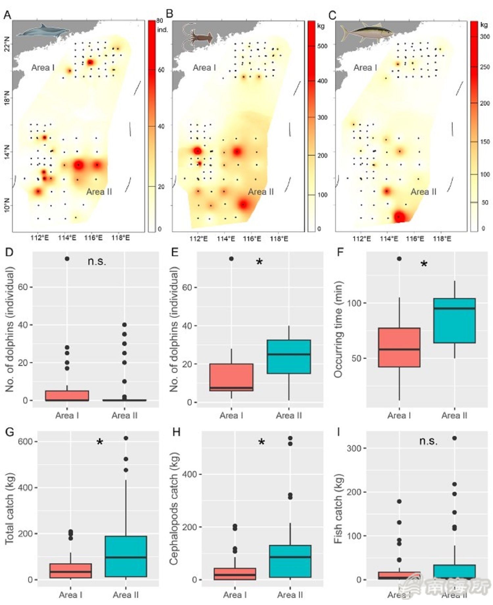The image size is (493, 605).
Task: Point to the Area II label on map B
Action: tap(261, 192)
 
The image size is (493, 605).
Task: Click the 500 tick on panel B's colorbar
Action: tap(322, 46)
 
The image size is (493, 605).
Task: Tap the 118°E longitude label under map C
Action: tap(442, 238)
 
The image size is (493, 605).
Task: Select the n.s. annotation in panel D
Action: tap(97, 261)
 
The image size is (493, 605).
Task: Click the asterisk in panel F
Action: tap(424, 264)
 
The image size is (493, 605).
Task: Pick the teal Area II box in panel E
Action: tap(289, 357)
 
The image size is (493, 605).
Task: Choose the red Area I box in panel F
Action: tap(399, 347)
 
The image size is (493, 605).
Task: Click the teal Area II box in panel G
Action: tap(126, 556)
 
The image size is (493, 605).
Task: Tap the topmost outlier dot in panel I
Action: tap(455, 438)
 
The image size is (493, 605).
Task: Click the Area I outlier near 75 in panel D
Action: tap(67, 259)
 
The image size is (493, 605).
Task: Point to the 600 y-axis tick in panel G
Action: tap(25, 441)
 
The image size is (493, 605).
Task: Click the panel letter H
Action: tap(176, 432)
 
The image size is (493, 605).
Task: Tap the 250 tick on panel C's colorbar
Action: tap(485, 67)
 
